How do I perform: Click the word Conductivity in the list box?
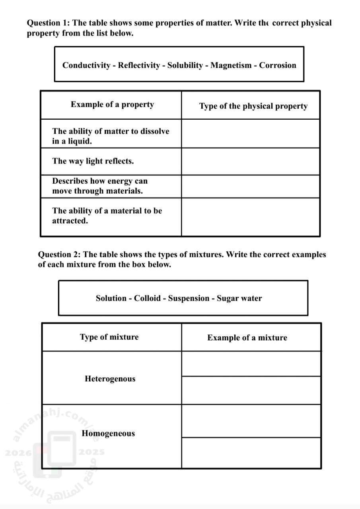pos(86,66)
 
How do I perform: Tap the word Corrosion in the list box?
pos(278,66)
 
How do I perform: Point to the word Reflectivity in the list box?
pos(139,66)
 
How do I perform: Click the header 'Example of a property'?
pos(112,105)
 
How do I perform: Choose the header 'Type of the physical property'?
pos(253,106)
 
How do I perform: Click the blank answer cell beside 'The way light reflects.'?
pos(251,161)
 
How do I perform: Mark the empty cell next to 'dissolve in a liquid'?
pos(251,134)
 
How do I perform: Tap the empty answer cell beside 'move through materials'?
pos(251,187)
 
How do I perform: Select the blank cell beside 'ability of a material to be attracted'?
pos(251,217)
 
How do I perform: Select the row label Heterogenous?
pos(110,379)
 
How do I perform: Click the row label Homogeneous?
pos(108,433)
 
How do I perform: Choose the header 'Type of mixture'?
pos(109,337)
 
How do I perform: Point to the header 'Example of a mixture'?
pos(247,338)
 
